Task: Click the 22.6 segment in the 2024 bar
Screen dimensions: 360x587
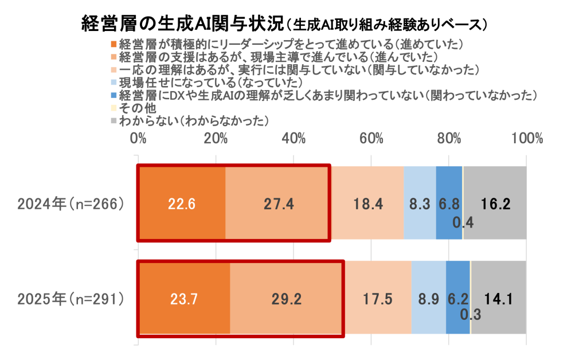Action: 181,204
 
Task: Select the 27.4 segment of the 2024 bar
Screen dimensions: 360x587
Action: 277,204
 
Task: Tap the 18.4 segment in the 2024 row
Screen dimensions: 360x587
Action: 367,204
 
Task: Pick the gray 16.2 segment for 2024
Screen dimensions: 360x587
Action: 495,204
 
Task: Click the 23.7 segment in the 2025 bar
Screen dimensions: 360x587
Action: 183,298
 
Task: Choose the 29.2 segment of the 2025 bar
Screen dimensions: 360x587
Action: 287,298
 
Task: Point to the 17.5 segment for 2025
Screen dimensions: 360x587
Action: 378,298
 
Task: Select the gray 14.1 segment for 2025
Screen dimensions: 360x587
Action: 498,298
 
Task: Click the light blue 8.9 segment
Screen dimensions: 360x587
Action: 428,298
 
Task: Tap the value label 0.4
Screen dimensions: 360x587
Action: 468,222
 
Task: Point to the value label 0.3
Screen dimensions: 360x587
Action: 470,315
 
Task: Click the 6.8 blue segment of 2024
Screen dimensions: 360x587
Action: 449,204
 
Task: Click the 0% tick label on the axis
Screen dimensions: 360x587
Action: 138,139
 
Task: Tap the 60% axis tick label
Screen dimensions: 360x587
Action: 371,139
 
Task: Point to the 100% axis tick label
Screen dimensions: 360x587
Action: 526,139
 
